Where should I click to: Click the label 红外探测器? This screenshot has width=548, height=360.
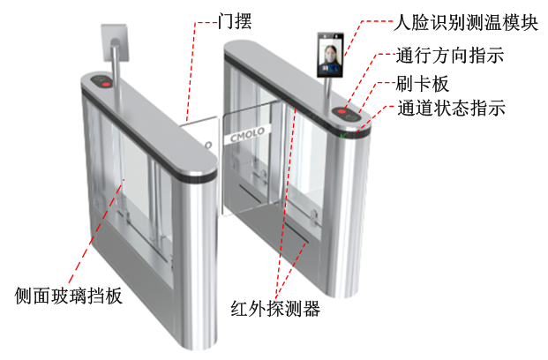click(274, 310)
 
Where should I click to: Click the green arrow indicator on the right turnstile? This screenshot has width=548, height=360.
click(345, 135)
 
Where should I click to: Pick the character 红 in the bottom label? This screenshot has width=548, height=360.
click(239, 310)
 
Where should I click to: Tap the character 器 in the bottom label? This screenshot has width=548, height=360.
click(310, 310)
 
